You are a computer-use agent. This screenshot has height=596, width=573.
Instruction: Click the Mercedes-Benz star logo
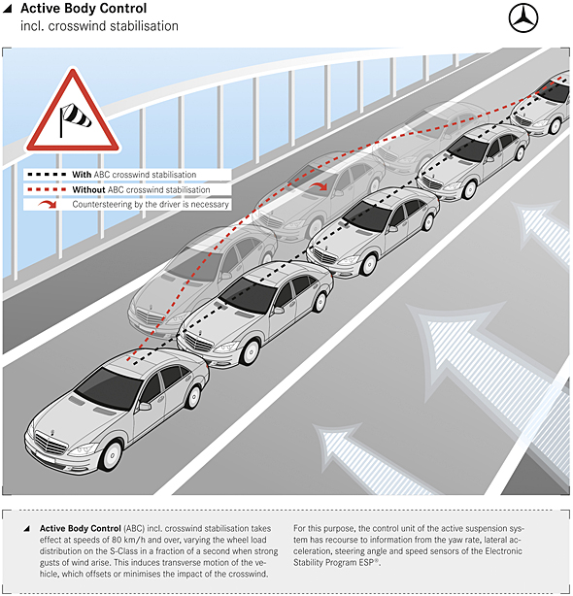click(x=523, y=17)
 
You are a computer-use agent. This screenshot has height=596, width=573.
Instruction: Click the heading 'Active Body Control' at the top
click(x=84, y=9)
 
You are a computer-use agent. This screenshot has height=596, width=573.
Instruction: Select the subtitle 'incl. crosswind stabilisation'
click(x=99, y=26)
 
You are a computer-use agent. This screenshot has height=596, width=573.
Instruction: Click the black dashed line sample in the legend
click(x=48, y=175)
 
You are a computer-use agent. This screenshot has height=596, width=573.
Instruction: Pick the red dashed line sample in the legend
click(x=48, y=189)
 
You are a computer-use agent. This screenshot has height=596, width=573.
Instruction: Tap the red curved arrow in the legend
click(x=48, y=205)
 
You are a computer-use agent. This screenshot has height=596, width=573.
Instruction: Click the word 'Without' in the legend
click(x=88, y=189)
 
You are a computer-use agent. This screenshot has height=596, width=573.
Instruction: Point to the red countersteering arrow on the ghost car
click(x=318, y=185)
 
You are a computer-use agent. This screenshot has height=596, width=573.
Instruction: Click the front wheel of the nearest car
click(x=111, y=455)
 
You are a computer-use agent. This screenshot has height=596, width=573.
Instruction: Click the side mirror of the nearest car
click(x=145, y=406)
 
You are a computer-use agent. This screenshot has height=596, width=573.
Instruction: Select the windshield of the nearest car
click(x=109, y=388)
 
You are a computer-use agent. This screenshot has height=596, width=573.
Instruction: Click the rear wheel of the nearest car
click(x=193, y=397)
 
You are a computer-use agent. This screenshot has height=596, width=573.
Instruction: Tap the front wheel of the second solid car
click(x=250, y=352)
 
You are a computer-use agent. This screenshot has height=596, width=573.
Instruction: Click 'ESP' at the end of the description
click(x=369, y=563)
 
